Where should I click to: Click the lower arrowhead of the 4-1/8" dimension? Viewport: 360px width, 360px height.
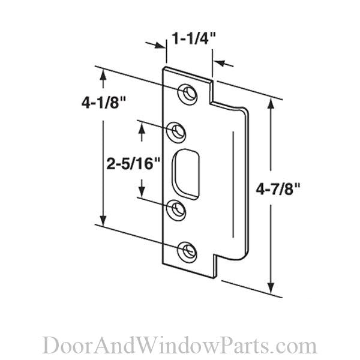point(104,221)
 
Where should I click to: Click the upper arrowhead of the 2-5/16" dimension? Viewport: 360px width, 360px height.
point(142,124)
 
